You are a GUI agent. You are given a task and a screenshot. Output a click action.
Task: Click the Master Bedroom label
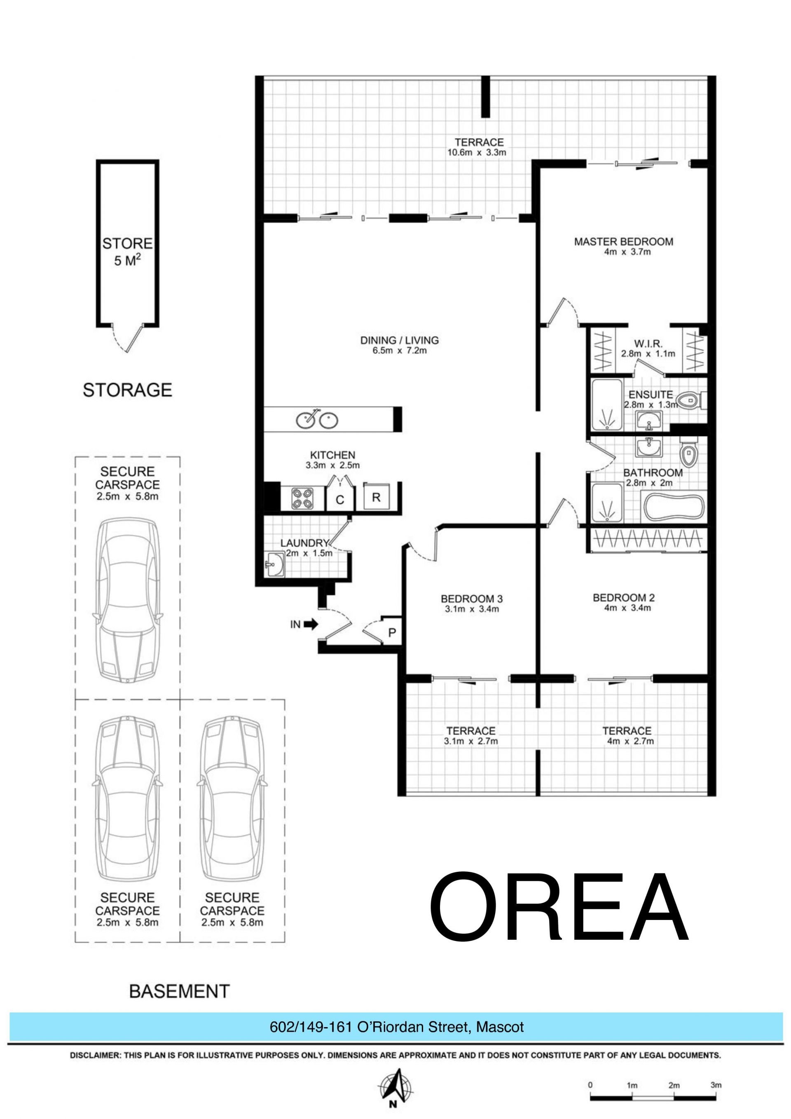pos(623,242)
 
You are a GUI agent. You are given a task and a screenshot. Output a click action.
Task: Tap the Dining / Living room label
pos(400,340)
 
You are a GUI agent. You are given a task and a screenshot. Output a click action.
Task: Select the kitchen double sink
pos(317,419)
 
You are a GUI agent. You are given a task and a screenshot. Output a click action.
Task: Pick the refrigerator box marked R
pos(376,497)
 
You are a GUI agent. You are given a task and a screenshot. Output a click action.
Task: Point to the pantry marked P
pos(391,632)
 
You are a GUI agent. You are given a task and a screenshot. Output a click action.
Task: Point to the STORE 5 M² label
pos(127,251)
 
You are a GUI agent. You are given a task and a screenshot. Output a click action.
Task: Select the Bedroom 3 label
pos(472,599)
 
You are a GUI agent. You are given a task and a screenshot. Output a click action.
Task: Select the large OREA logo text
pos(559,910)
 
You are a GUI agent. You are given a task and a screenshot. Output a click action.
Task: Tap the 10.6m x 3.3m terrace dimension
pos(477,152)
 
